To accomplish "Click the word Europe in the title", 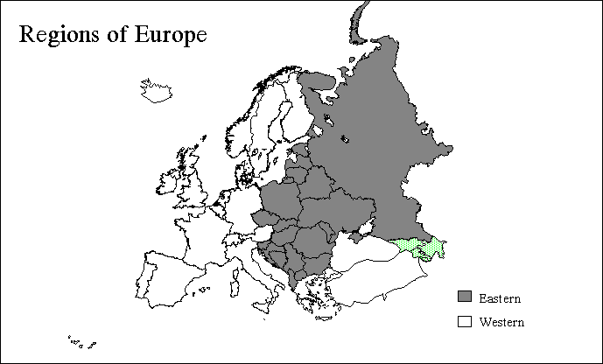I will [x=172, y=36].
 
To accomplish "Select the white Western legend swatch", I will [x=465, y=321].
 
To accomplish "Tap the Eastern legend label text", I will [x=500, y=299].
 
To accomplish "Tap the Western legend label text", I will [x=502, y=322].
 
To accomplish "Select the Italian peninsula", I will [x=250, y=271].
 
